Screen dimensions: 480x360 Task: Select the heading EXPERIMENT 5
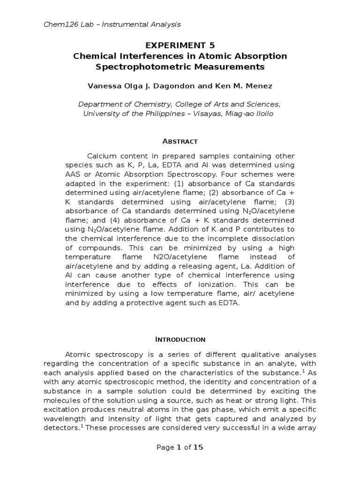[x=180, y=45]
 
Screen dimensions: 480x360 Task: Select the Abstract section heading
[x=180, y=141]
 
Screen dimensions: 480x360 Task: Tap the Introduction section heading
[x=180, y=339]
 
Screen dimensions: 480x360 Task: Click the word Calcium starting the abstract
[x=101, y=156]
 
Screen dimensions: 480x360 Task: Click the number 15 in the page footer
[x=198, y=447]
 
